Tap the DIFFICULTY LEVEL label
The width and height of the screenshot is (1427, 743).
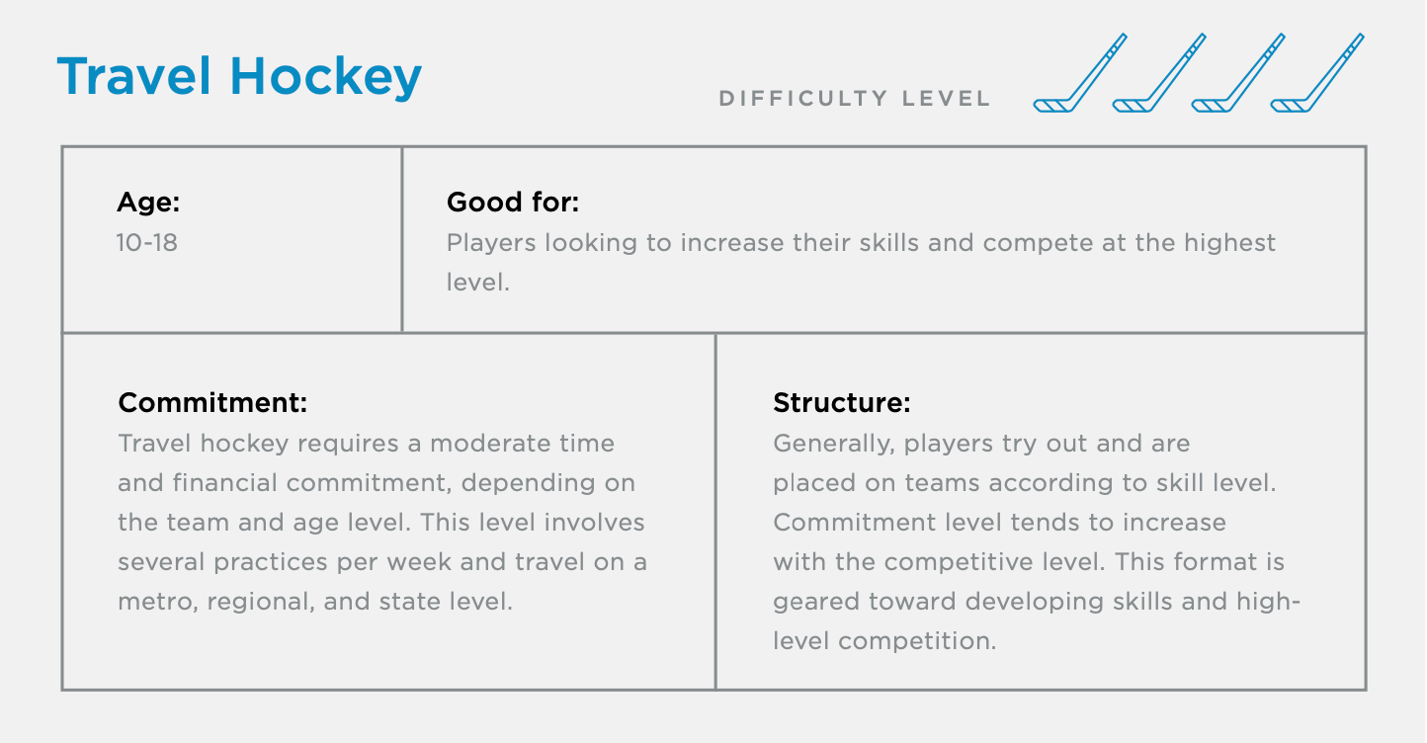(x=855, y=99)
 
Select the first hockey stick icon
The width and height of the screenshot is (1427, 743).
(x=1079, y=73)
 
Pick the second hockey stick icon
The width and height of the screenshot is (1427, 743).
(x=1158, y=73)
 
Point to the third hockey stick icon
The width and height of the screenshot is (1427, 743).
(x=1237, y=73)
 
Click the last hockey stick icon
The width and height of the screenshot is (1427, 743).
(x=1316, y=73)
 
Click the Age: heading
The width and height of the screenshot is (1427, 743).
(x=148, y=203)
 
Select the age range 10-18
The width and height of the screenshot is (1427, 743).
(x=147, y=242)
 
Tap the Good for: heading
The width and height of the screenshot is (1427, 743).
(x=512, y=203)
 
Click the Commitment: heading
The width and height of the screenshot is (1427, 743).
(x=212, y=403)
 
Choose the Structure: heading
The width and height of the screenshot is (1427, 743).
(x=841, y=403)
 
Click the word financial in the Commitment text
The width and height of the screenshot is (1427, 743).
(x=216, y=483)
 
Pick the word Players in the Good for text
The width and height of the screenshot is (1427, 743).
(x=491, y=242)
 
